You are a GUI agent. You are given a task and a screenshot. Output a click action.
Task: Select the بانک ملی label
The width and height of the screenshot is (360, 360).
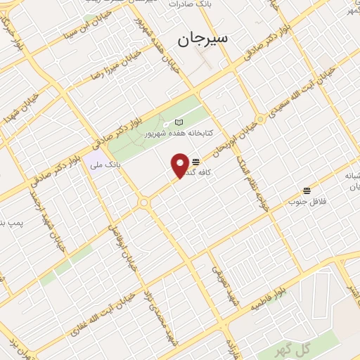point(105,165)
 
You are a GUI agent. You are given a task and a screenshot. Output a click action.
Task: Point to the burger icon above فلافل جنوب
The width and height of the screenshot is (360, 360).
point(307,191)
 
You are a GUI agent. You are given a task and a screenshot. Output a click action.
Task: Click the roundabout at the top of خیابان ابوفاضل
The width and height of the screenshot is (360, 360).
point(143,202)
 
